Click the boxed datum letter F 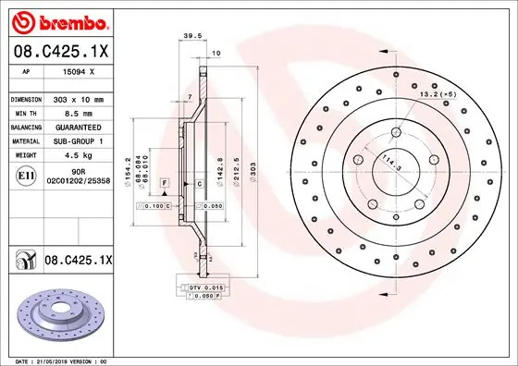[x=164, y=185]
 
